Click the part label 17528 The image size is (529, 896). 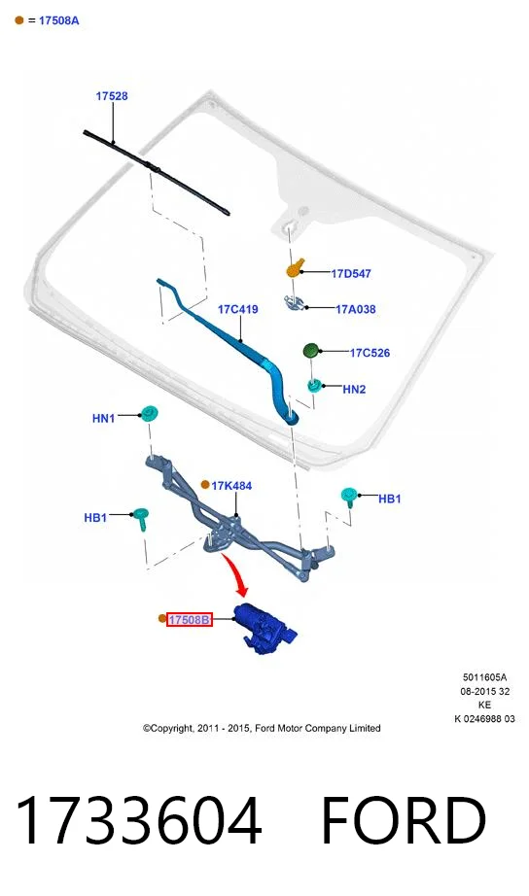112,96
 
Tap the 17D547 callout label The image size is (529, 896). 351,274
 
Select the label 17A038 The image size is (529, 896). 356,309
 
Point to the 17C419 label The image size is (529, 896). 238,309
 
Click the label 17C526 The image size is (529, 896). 370,353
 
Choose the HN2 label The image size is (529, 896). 354,389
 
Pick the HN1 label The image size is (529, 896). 103,418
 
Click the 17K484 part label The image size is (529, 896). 231,486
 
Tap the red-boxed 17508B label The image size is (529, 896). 190,619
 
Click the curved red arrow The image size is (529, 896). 237,572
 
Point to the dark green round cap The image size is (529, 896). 310,350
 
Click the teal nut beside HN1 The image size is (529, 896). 149,413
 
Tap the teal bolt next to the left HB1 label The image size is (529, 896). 141,518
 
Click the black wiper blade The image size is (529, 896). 157,173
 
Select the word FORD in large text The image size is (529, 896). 404,820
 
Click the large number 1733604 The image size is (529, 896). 138,820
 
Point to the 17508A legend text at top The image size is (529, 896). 59,20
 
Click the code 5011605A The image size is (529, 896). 484,677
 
